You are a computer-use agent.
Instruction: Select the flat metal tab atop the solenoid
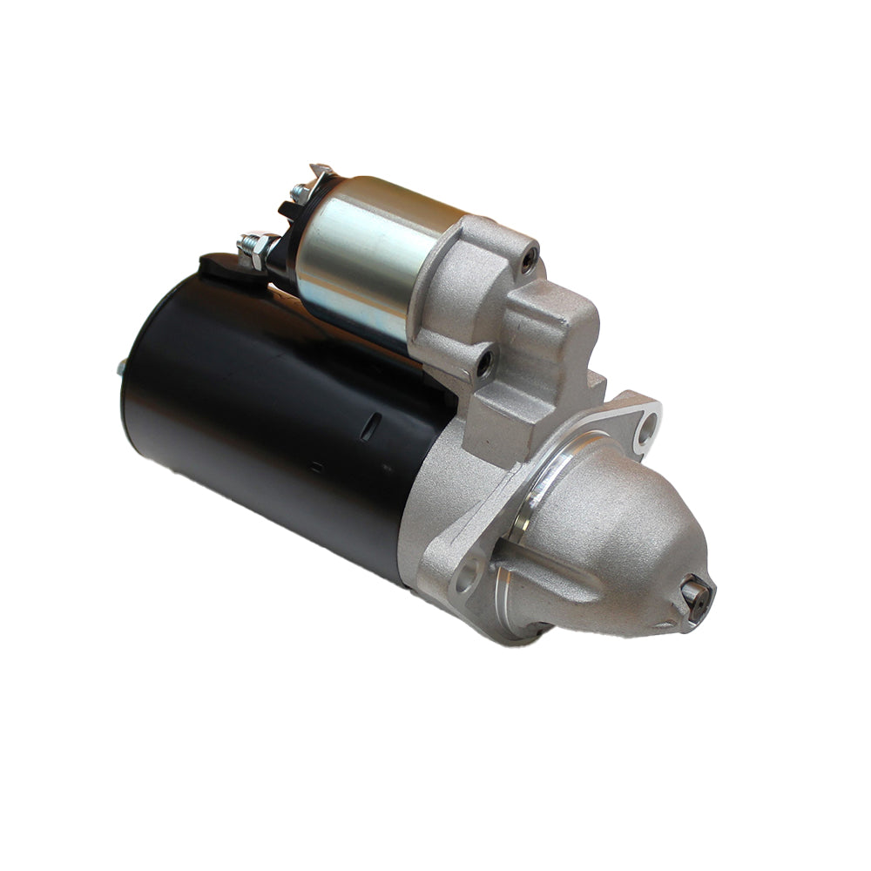point(321,172)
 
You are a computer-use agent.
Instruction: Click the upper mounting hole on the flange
point(647,425)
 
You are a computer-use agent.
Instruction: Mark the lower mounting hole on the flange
point(467,574)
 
